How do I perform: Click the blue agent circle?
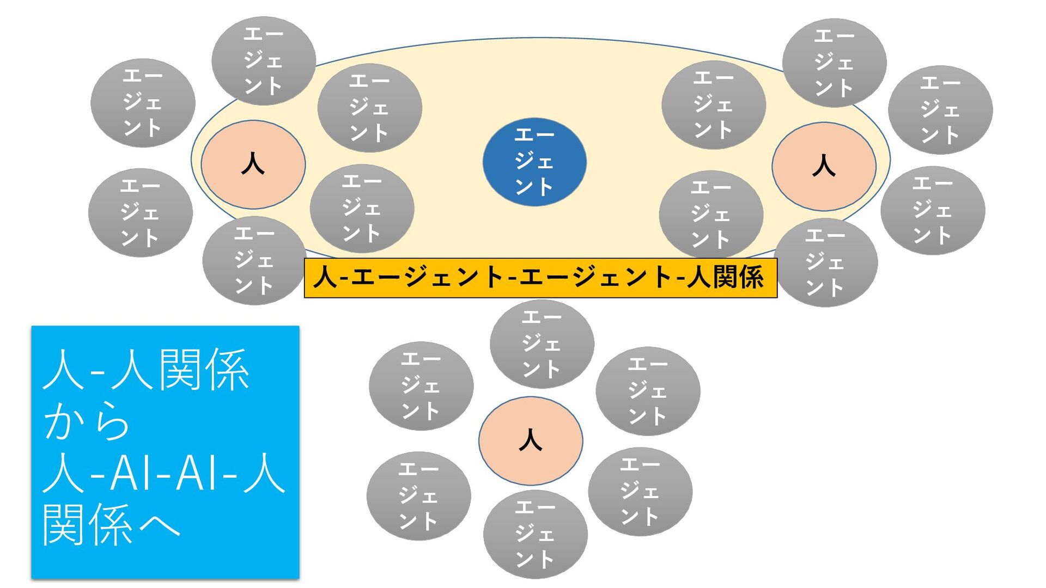pyautogui.click(x=534, y=162)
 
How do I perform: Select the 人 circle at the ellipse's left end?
pyautogui.click(x=253, y=164)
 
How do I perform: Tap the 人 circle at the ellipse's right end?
pyautogui.click(x=824, y=166)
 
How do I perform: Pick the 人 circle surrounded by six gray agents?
pyautogui.click(x=531, y=440)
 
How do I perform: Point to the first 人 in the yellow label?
pyautogui.click(x=325, y=278)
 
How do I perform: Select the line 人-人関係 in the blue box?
pyautogui.click(x=146, y=370)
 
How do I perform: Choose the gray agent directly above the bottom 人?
pyautogui.click(x=542, y=344)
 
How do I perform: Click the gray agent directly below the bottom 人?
pyautogui.click(x=535, y=534)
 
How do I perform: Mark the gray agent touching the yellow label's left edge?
pyautogui.click(x=254, y=261)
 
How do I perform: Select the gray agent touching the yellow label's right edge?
pyautogui.click(x=825, y=263)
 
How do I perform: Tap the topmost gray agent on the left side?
pyautogui.click(x=264, y=60)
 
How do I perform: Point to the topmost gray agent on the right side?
pyautogui.click(x=834, y=63)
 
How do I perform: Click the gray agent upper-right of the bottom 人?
pyautogui.click(x=648, y=391)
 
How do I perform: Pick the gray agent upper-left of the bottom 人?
pyautogui.click(x=421, y=386)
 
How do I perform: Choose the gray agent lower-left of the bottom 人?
pyautogui.click(x=418, y=496)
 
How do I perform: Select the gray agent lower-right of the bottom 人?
pyautogui.click(x=640, y=492)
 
